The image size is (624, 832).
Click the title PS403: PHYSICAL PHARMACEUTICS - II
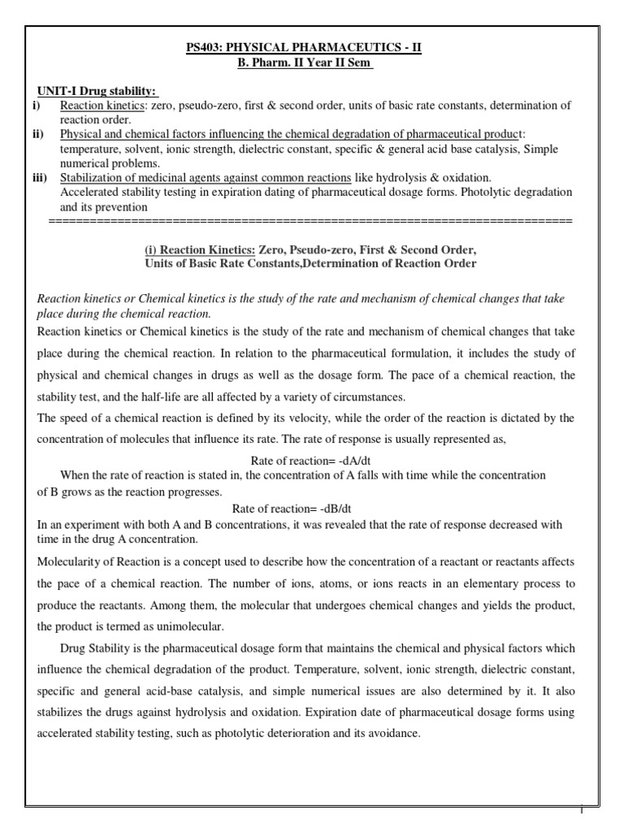click(x=311, y=49)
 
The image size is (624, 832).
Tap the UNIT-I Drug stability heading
click(x=98, y=90)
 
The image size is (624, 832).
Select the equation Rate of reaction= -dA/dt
click(x=310, y=461)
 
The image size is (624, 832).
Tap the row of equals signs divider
click(x=310, y=221)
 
